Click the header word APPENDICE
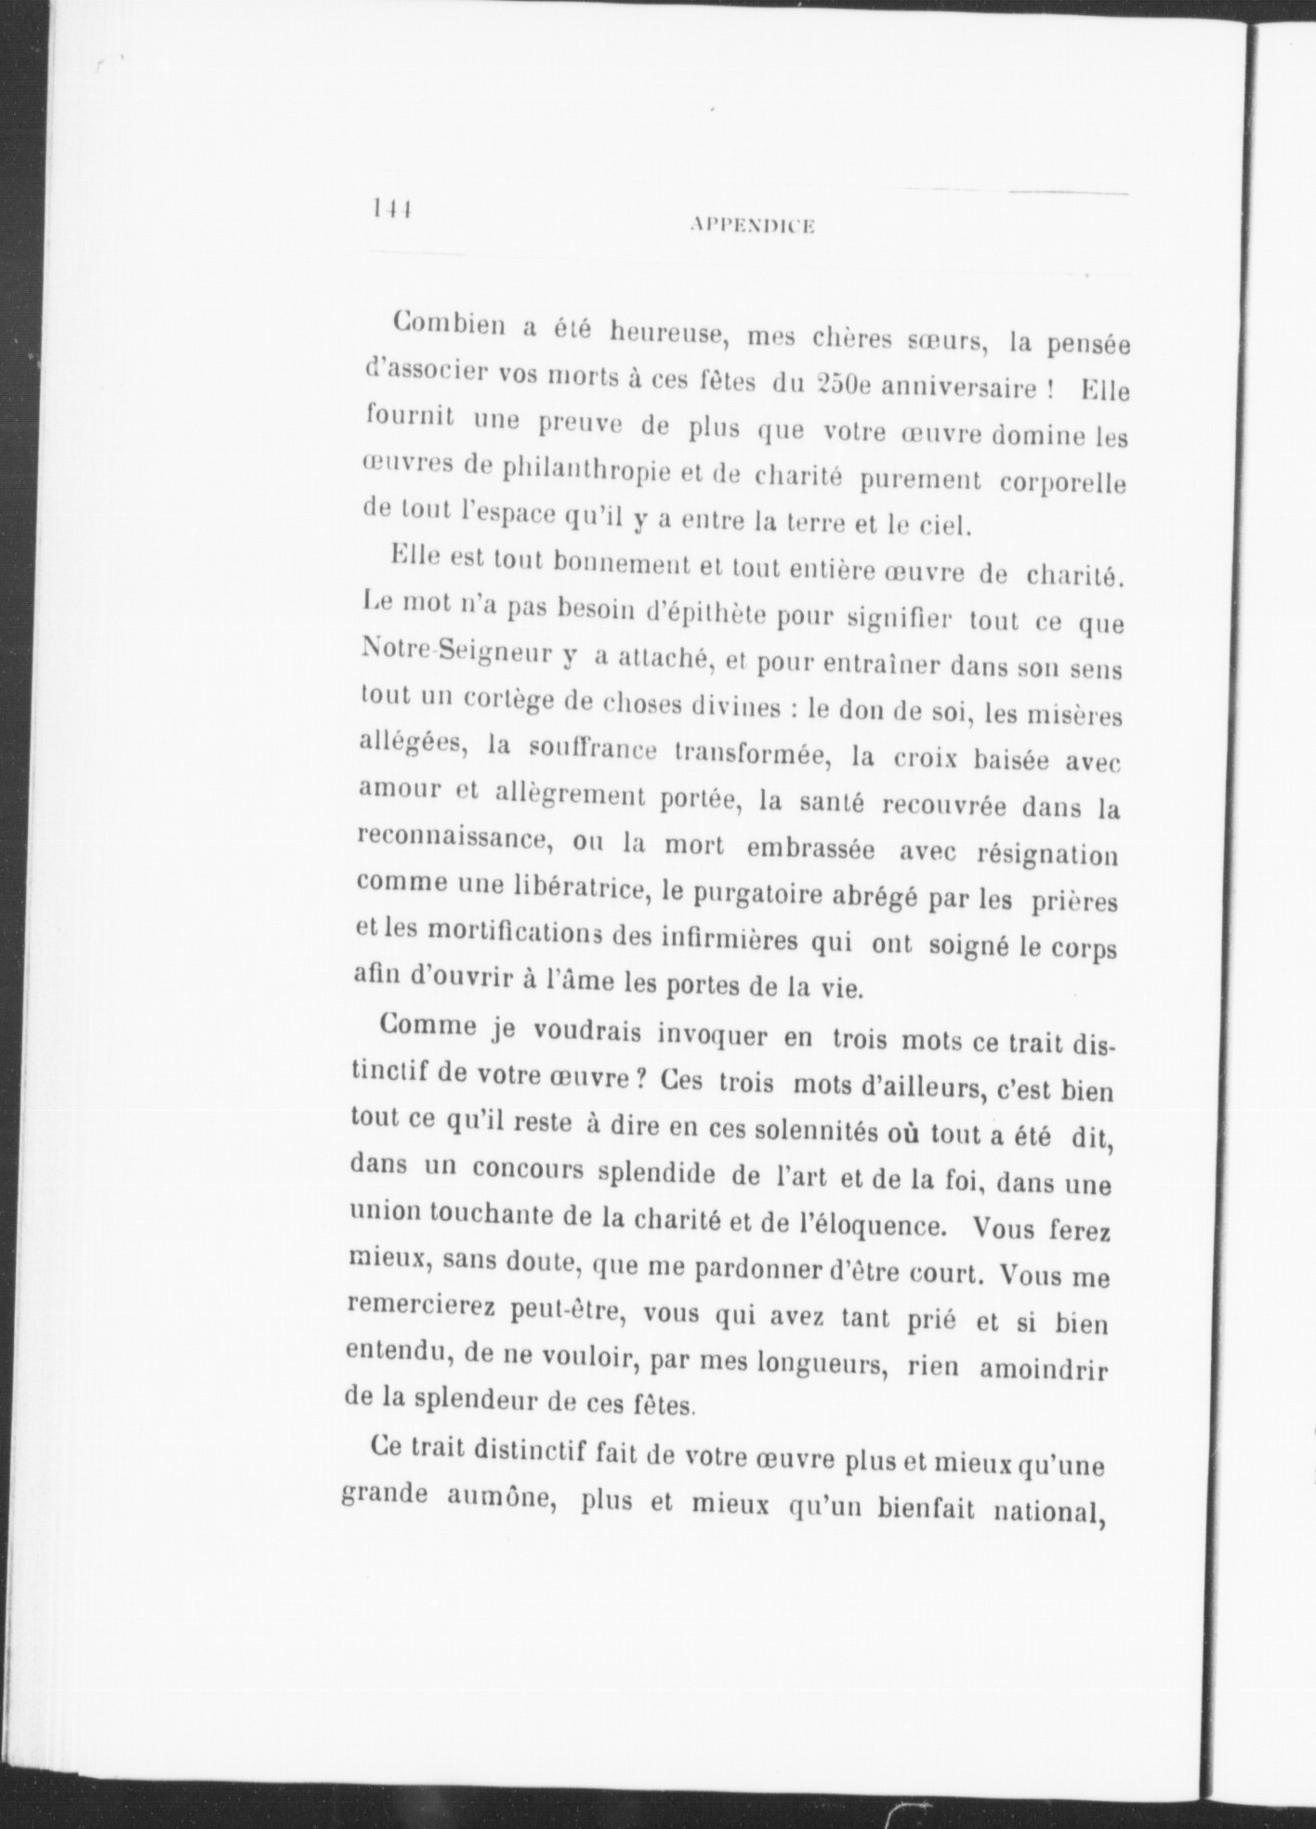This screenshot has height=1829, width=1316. (754, 224)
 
